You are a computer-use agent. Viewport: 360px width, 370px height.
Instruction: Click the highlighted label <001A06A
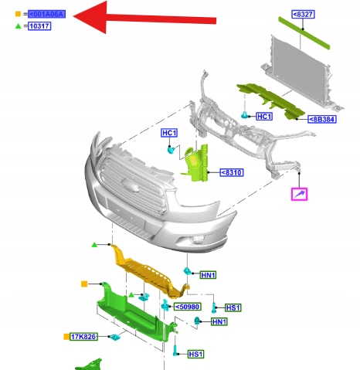46,14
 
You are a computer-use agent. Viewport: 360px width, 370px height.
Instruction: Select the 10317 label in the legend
39,26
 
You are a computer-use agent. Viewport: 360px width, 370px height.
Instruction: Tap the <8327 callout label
303,14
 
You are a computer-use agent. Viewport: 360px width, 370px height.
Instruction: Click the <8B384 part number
322,119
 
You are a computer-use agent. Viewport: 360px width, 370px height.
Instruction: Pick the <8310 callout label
232,172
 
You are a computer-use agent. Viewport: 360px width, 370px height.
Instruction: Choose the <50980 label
188,307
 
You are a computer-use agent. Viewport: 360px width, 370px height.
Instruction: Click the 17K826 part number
83,337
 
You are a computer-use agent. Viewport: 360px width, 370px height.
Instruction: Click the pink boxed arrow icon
299,194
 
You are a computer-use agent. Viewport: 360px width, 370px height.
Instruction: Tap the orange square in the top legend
18,14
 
